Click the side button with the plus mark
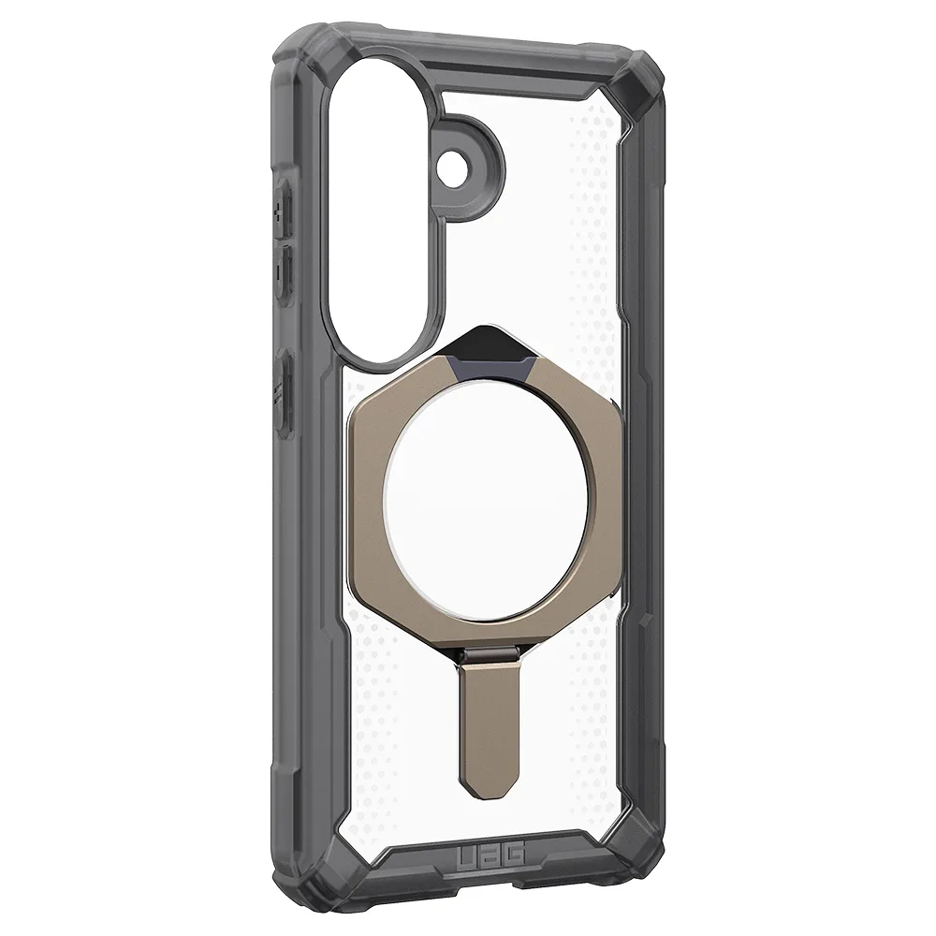283,209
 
